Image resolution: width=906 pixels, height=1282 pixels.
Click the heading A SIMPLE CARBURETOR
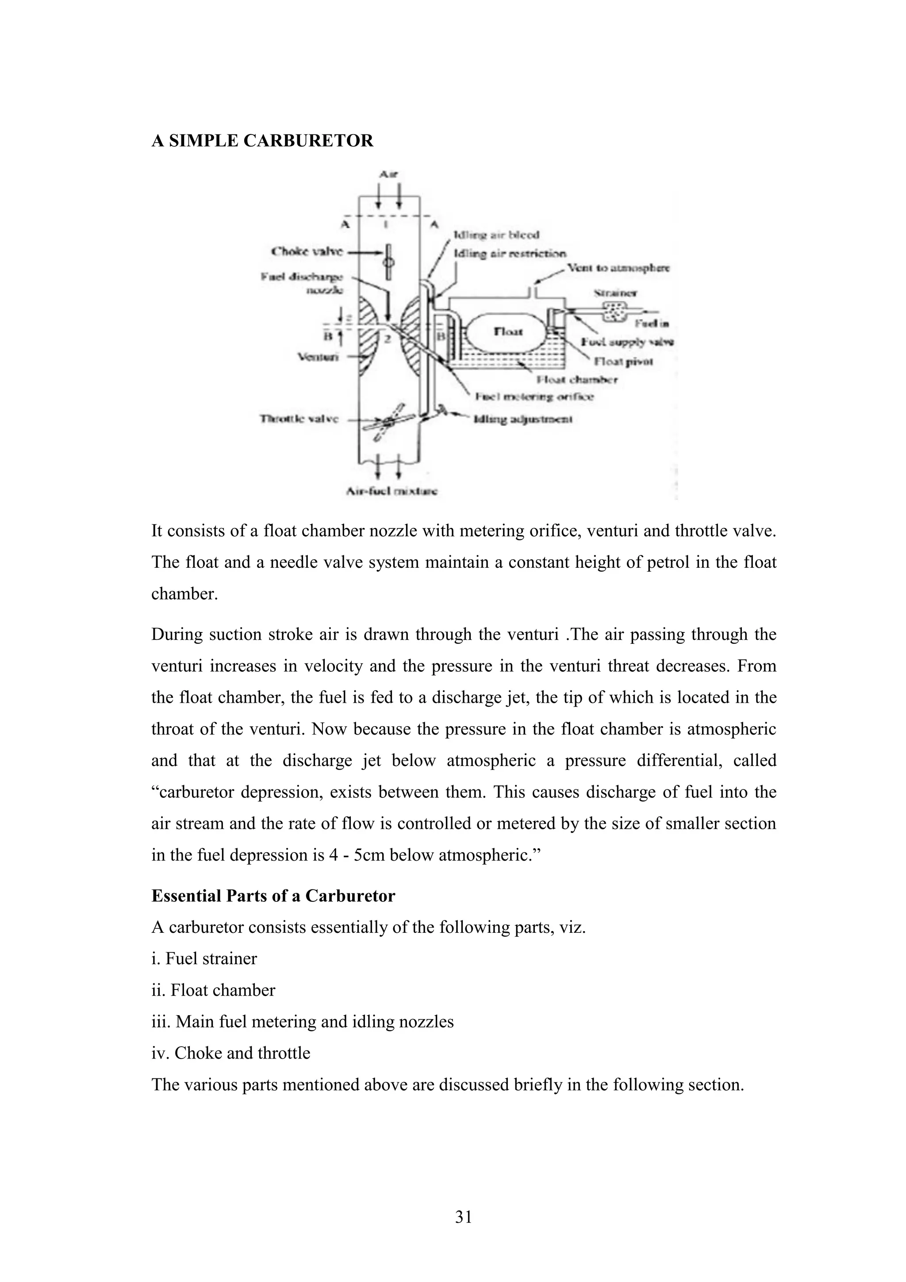pos(262,141)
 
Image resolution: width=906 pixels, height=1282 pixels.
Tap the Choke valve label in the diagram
pos(307,252)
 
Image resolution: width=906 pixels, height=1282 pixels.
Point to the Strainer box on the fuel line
pos(616,312)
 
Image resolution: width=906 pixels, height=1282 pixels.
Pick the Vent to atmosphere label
pos(618,268)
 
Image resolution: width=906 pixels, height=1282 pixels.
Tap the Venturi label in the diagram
pos(318,356)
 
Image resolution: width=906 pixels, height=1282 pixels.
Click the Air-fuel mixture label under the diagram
pos(392,491)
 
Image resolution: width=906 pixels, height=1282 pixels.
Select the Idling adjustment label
pos(522,419)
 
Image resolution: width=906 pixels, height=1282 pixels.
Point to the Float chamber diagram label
pos(577,380)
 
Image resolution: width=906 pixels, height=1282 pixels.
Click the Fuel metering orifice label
pos(534,397)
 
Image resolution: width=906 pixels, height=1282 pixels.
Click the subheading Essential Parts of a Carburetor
pos(273,896)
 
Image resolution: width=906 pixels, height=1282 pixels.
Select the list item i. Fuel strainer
pos(204,959)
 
